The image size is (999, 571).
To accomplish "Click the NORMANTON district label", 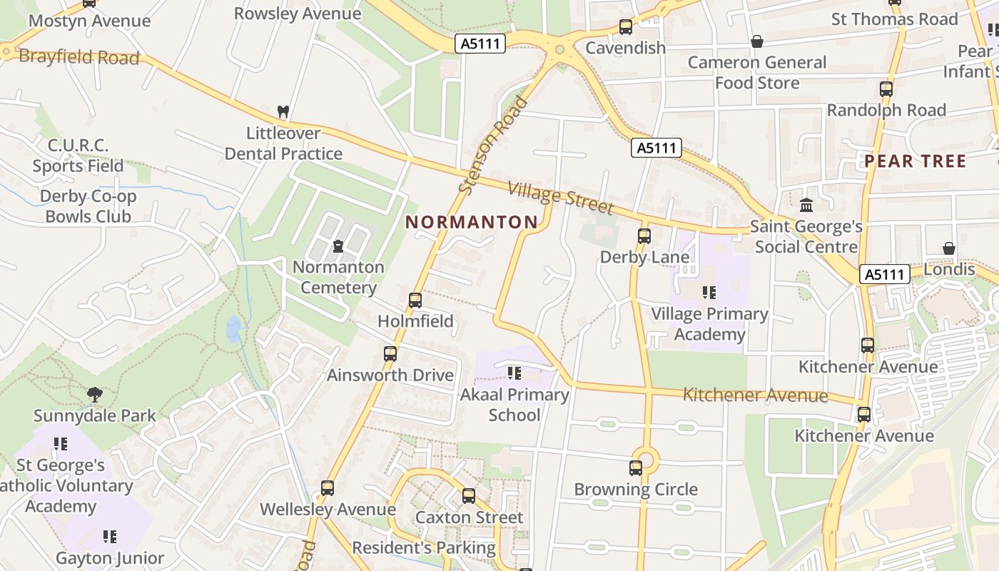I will (472, 222).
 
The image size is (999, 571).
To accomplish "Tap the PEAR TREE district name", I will (916, 161).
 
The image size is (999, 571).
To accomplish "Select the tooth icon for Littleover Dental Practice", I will (283, 112).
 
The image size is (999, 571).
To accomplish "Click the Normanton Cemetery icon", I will (338, 246).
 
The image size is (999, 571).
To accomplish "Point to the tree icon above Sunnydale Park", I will (94, 394).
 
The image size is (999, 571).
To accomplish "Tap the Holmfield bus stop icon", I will (415, 300).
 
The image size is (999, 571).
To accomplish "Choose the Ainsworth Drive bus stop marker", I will (390, 354).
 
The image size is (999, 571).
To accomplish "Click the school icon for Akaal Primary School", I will (514, 373).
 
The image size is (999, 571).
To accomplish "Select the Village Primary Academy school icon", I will (709, 293).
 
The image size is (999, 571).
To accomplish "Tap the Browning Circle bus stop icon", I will (636, 468).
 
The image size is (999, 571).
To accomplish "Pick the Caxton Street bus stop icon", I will (469, 496).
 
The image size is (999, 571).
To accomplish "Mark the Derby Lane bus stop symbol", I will (644, 236).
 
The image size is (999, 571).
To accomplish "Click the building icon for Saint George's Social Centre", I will (806, 206).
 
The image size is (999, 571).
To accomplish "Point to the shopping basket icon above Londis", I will (949, 248).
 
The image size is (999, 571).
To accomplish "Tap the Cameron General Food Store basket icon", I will (757, 41).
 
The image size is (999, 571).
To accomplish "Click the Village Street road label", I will (560, 198).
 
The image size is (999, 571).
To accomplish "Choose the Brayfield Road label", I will (79, 57).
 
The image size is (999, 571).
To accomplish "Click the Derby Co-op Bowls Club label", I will (88, 206).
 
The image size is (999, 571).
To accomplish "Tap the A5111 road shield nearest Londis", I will (885, 275).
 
